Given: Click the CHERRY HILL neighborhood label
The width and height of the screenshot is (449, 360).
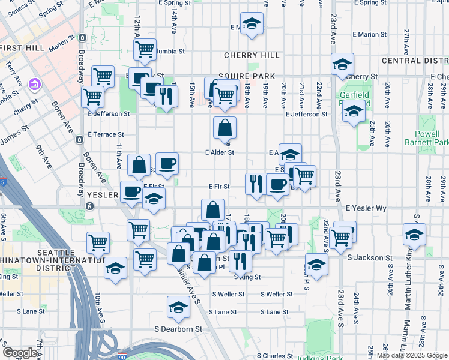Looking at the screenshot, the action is pyautogui.click(x=252, y=55).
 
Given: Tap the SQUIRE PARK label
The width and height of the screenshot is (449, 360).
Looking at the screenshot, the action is pyautogui.click(x=246, y=76).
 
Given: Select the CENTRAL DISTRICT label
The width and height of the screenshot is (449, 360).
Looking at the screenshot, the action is pyautogui.click(x=415, y=61).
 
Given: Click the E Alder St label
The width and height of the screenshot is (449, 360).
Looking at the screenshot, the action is pyautogui.click(x=219, y=152).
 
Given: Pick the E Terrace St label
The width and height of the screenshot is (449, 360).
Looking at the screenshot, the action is pyautogui.click(x=106, y=135).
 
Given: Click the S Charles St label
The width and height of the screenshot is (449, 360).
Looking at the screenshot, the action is pyautogui.click(x=277, y=356).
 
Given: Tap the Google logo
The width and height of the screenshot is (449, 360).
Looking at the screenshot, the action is pyautogui.click(x=20, y=353).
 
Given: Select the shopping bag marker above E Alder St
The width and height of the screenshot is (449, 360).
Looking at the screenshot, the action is pyautogui.click(x=224, y=127).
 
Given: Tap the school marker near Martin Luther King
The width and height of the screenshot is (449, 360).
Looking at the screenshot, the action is pyautogui.click(x=414, y=234).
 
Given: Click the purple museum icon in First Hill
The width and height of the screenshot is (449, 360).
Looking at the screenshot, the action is pyautogui.click(x=34, y=82).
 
